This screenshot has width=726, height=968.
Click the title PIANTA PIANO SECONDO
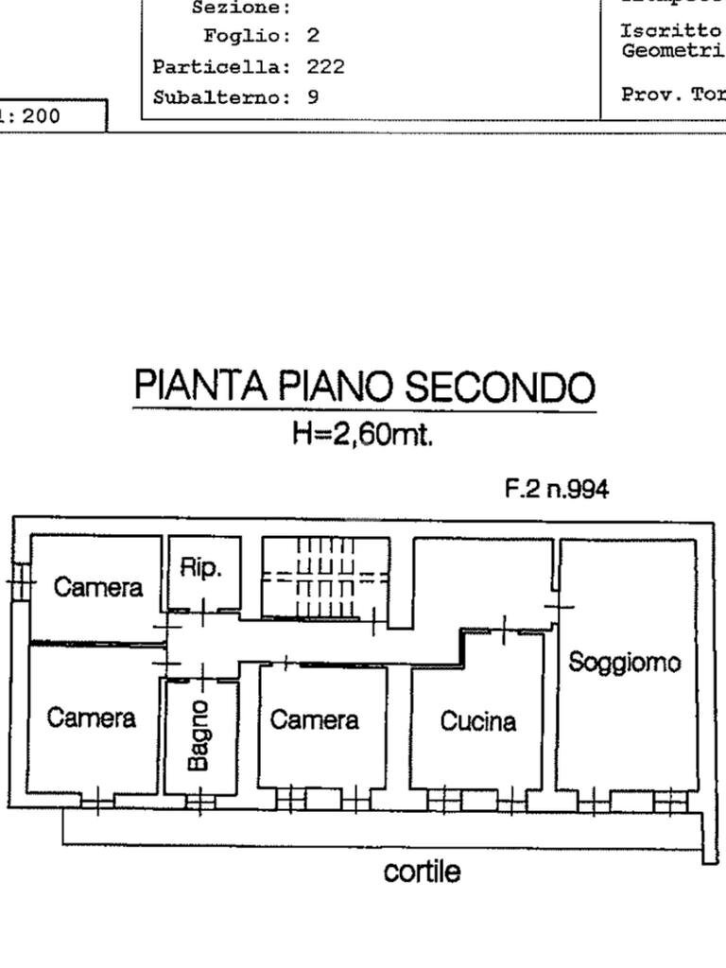click(x=364, y=387)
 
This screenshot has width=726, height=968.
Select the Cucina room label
click(x=478, y=722)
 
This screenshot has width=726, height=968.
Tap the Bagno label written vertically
click(x=199, y=735)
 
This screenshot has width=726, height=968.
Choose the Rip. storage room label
click(x=200, y=567)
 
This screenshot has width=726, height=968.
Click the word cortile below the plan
click(x=423, y=871)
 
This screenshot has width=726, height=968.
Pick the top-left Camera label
click(x=98, y=587)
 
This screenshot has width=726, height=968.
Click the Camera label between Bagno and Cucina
click(x=315, y=720)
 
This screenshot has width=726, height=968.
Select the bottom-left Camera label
click(x=92, y=718)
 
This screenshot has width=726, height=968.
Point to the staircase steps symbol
click(x=325, y=577)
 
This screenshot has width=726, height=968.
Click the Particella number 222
click(x=325, y=67)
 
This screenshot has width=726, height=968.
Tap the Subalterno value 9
click(x=313, y=97)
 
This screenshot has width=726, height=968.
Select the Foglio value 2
click(x=313, y=37)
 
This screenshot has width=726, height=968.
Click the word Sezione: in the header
click(x=241, y=9)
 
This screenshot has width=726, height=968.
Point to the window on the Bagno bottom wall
click(x=199, y=803)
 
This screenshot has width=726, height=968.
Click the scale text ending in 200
click(x=33, y=117)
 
